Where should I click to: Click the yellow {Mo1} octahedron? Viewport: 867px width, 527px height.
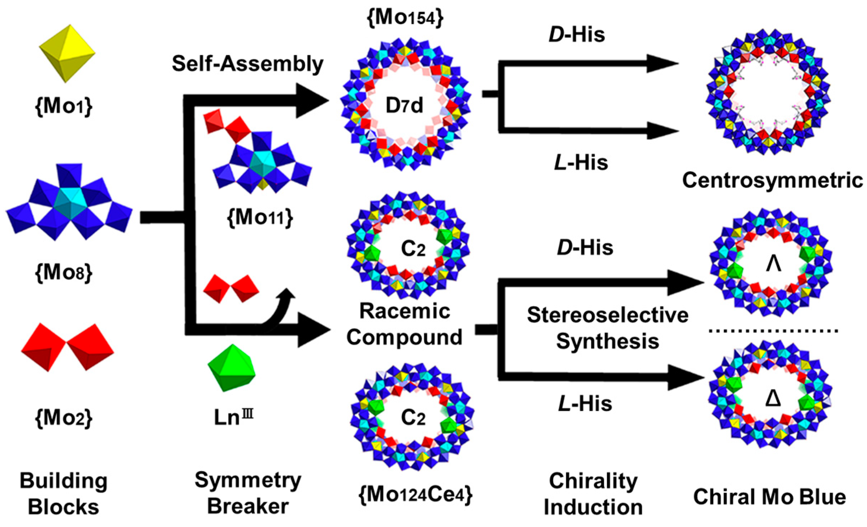click(67, 54)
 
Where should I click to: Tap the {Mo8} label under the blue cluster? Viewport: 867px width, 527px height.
click(63, 273)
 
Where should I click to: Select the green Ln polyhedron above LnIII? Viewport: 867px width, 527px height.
click(232, 368)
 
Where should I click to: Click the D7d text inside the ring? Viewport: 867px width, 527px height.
click(404, 106)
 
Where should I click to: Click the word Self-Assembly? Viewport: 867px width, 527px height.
click(247, 64)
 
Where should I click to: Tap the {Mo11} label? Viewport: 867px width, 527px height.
click(260, 217)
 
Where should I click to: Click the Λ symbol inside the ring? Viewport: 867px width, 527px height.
click(773, 265)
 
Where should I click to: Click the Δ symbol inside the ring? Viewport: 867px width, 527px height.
click(773, 399)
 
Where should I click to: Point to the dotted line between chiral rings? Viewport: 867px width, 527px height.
click(773, 331)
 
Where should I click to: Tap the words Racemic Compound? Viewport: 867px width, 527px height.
click(404, 324)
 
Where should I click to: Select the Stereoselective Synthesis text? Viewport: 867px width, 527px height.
click(607, 328)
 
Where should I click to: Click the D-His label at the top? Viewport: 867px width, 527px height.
click(577, 35)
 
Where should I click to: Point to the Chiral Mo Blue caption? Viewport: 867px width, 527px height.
click(769, 497)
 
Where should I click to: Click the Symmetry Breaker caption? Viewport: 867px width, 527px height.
click(248, 493)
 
